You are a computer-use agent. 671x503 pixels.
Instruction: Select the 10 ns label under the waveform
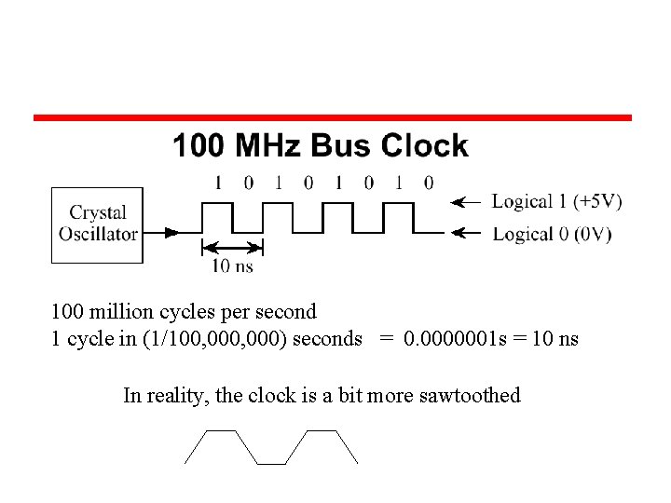pos(232,265)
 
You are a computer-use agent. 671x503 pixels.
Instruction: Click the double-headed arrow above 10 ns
pos(232,247)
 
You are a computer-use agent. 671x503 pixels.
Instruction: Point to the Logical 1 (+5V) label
pos(557,201)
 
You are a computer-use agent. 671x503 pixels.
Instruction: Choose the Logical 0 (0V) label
pos(552,234)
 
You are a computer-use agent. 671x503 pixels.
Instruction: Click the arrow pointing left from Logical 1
pos(466,201)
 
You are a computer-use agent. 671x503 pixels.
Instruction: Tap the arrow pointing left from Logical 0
pos(466,234)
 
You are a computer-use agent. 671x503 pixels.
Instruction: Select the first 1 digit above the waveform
pos(218,183)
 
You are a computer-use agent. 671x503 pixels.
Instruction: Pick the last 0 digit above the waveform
pos(428,183)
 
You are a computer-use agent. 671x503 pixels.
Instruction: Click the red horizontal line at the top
pos(333,118)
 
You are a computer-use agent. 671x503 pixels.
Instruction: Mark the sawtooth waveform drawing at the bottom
pos(271,447)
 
